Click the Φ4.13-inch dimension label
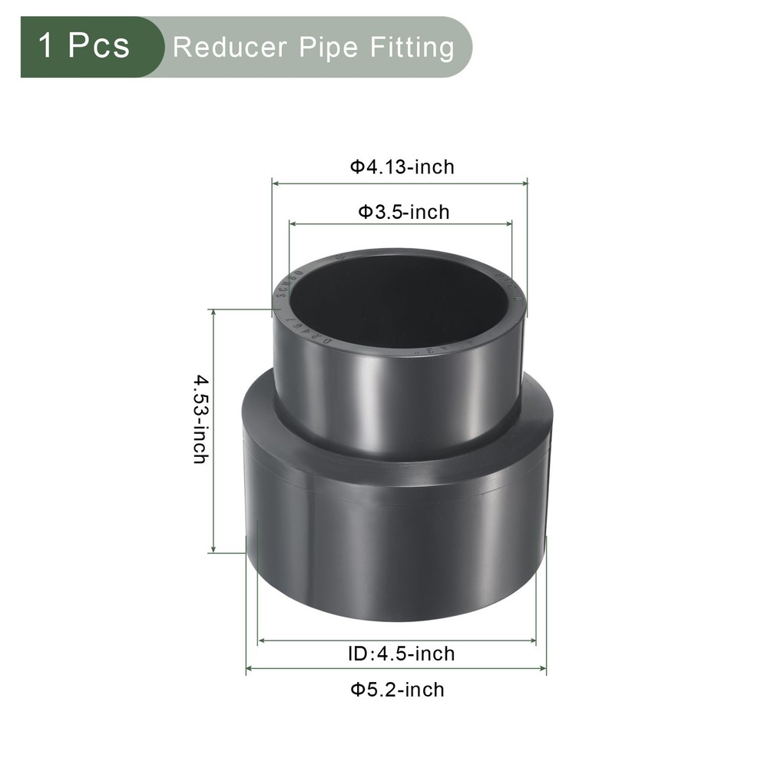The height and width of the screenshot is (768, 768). [402, 166]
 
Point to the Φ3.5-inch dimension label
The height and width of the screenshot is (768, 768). [403, 211]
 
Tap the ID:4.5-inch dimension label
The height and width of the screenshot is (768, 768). [397, 654]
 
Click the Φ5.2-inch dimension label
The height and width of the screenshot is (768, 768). [397, 689]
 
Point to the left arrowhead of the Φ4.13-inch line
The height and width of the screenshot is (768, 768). [275, 184]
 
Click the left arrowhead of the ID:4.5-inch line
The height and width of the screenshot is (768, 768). [261, 640]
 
